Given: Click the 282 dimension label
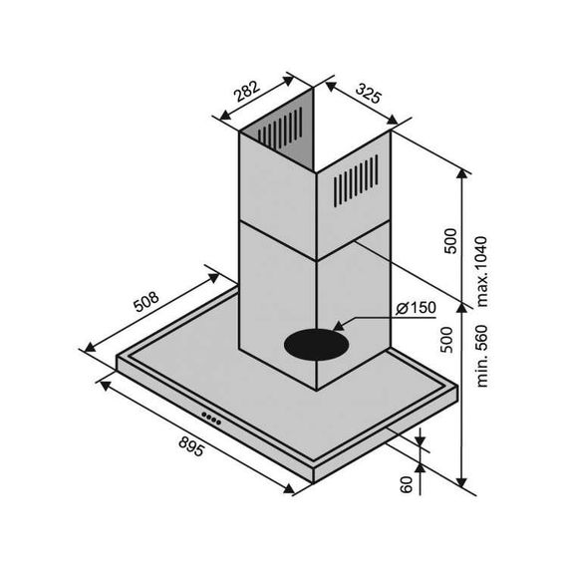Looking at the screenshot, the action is pyautogui.click(x=247, y=91).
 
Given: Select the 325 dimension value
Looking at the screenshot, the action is pyautogui.click(x=369, y=93).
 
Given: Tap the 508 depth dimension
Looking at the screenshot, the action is pyautogui.click(x=145, y=301).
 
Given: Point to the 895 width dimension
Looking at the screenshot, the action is pyautogui.click(x=191, y=446).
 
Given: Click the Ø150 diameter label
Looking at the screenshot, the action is pyautogui.click(x=416, y=308).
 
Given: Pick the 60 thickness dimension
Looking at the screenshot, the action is pyautogui.click(x=407, y=484).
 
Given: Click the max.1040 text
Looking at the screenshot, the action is pyautogui.click(x=482, y=272).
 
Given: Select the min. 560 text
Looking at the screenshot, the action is pyautogui.click(x=482, y=357).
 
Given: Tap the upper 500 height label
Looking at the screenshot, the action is pyautogui.click(x=450, y=241).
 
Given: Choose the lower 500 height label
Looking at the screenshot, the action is pyautogui.click(x=446, y=340).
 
